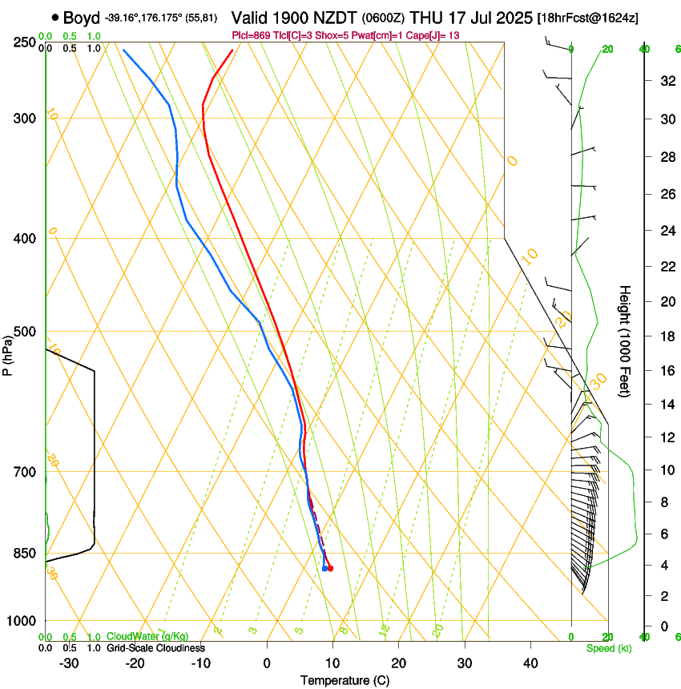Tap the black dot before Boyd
point(54,17)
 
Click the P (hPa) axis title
point(8,353)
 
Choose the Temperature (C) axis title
point(345,680)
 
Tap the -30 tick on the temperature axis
point(69,663)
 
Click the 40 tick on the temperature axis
point(530,663)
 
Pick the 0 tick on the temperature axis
point(267,663)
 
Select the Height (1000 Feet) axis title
point(625,340)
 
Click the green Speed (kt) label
point(608,648)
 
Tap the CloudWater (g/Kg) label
point(147,637)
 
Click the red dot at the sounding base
point(330,569)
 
